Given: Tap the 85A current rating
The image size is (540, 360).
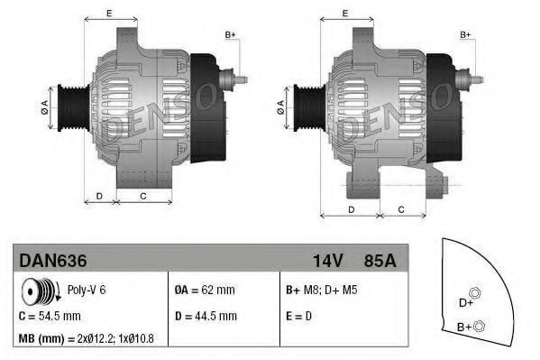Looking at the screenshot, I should tap(380, 260).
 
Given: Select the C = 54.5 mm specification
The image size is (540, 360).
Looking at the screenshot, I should tap(50, 316).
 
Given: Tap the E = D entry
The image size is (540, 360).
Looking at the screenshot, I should tap(300, 316).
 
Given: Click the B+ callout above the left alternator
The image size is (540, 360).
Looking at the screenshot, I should tap(230, 35).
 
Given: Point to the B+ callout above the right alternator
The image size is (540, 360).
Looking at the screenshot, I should tap(466, 35).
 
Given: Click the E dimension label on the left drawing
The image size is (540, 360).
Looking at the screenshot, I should tap(109, 13).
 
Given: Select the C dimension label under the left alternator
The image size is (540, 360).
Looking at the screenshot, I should tap(143, 195).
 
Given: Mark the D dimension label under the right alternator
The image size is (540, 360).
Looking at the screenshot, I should tap(352, 209).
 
